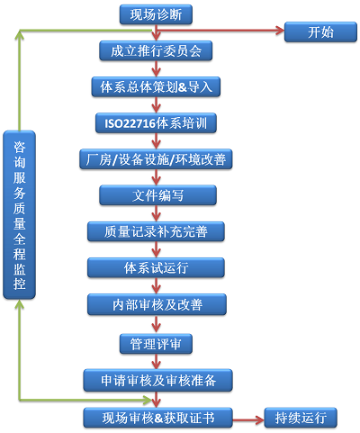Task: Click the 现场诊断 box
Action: [x=156, y=14]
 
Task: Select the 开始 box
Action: [x=320, y=32]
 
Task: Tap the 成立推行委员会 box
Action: [x=156, y=50]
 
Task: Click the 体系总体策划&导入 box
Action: [x=156, y=86]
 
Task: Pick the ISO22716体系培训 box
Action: [x=156, y=123]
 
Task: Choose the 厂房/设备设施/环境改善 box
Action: [x=156, y=159]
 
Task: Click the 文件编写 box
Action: [x=157, y=195]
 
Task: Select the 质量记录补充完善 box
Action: [x=156, y=231]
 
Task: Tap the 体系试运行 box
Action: [x=156, y=267]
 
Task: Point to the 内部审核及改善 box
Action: [x=157, y=304]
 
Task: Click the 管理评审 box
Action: [x=156, y=344]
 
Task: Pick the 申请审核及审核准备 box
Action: [x=157, y=380]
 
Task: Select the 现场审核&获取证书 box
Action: [x=157, y=418]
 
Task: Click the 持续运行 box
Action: [x=301, y=418]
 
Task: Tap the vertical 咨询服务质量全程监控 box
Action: [x=19, y=215]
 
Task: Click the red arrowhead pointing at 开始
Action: [x=280, y=30]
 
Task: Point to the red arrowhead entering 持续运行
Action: [x=260, y=419]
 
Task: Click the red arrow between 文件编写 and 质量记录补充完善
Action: [x=156, y=213]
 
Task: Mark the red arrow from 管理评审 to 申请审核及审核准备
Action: [x=156, y=361]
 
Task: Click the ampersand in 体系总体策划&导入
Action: [x=183, y=87]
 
